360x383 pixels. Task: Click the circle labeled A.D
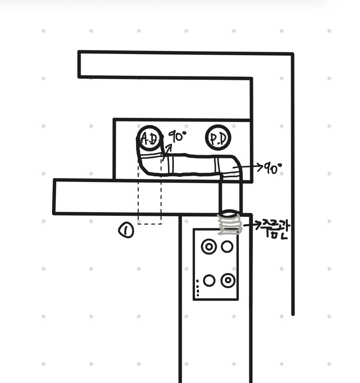pos(149,137)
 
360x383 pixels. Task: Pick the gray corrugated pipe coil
pos(230,225)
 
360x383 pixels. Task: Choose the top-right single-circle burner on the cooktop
pos(227,247)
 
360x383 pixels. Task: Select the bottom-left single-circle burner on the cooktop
pos(209,281)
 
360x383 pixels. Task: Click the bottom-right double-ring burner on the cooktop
pos(228,280)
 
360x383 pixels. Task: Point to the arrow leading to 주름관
pos(250,225)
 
